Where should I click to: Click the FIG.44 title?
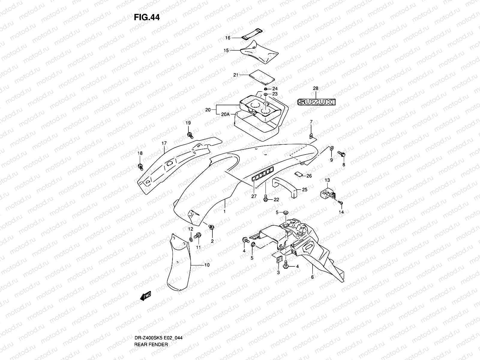pos(147,17)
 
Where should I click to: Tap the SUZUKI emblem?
pos(316,103)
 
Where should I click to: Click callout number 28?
pos(316,88)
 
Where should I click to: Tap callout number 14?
pos(341,212)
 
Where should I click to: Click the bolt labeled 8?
pos(342,154)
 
